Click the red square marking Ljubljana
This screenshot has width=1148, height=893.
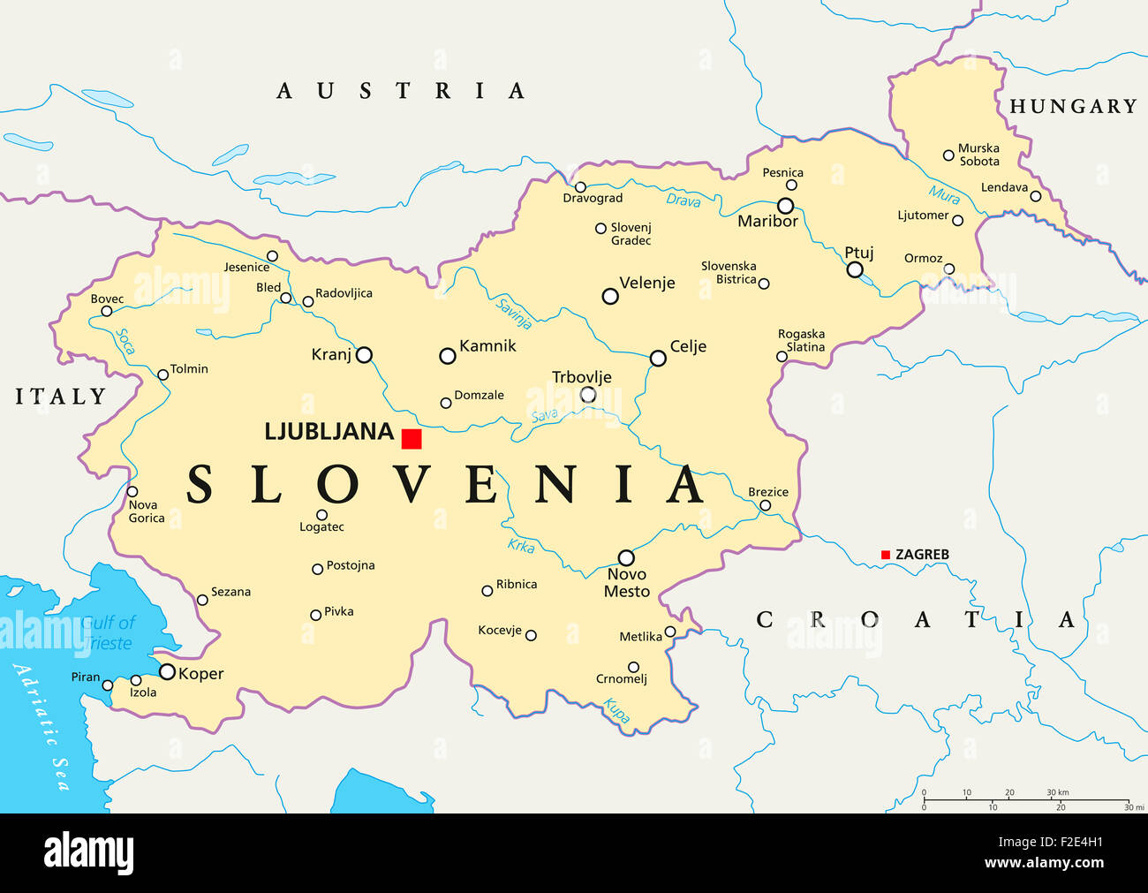tap(412, 439)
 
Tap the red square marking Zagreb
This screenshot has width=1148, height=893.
tap(886, 555)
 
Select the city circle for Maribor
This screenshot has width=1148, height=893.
tap(785, 206)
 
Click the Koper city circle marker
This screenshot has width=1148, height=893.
tap(167, 672)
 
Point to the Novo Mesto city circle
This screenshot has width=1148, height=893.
tap(626, 558)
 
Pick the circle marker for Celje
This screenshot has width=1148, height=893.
tap(658, 358)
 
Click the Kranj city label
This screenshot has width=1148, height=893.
tap(331, 355)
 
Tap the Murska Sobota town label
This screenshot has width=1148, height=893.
tap(978, 155)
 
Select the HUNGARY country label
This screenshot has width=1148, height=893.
tap(1073, 106)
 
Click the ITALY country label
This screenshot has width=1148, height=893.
tap(61, 397)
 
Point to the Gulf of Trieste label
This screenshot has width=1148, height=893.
tap(108, 632)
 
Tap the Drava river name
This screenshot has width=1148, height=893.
tap(683, 201)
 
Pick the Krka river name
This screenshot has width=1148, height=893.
tap(521, 546)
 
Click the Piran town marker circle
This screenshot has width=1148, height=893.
tap(108, 685)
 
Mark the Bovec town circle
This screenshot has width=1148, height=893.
tap(107, 311)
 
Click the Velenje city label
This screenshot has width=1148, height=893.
tap(646, 283)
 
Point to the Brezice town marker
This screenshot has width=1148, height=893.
tap(765, 506)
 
